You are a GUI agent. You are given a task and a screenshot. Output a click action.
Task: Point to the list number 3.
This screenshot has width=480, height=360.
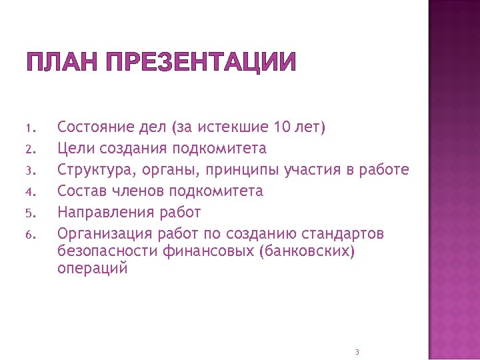tap(29, 171)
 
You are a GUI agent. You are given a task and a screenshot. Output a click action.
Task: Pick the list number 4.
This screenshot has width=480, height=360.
tap(29, 192)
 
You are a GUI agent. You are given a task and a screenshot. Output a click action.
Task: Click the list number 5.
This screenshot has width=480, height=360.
tap(29, 213)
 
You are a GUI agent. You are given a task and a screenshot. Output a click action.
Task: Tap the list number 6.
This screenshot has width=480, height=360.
tap(29, 235)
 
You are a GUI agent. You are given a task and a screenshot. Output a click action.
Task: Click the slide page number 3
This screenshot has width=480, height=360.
tap(357, 351)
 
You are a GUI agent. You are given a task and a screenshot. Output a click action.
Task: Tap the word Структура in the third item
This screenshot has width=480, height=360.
tap(97, 169)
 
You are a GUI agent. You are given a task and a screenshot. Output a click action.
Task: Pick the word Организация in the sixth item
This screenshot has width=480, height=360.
tap(105, 234)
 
